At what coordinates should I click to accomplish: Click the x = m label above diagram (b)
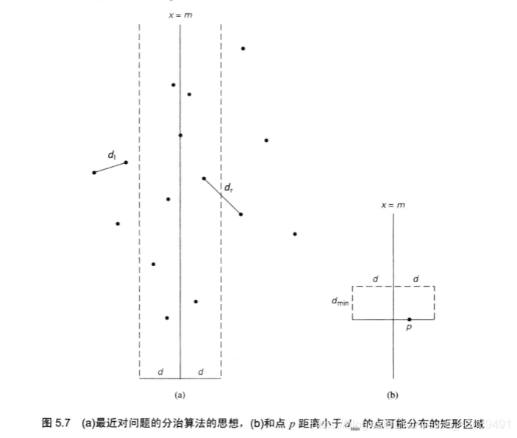point(393,205)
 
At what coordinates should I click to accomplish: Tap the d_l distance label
point(112,154)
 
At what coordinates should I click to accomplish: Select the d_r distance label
point(228,188)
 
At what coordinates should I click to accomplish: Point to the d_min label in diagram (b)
point(340,301)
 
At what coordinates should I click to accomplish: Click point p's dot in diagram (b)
point(410,320)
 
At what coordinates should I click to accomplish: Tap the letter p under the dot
point(409,329)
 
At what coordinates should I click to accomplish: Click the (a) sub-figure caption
point(179,395)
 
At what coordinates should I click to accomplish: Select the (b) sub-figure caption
point(393,395)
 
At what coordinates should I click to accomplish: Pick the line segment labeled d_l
point(110,168)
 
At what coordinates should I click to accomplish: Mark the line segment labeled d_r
point(222,196)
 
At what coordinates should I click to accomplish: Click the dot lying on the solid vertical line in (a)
point(180,135)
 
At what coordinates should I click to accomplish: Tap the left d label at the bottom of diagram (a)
point(160,372)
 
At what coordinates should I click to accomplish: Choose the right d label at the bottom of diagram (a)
point(201,372)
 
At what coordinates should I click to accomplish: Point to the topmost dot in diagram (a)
point(243,49)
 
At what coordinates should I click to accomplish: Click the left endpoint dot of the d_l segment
point(93,173)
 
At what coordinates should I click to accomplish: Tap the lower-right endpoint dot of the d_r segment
point(240,215)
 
